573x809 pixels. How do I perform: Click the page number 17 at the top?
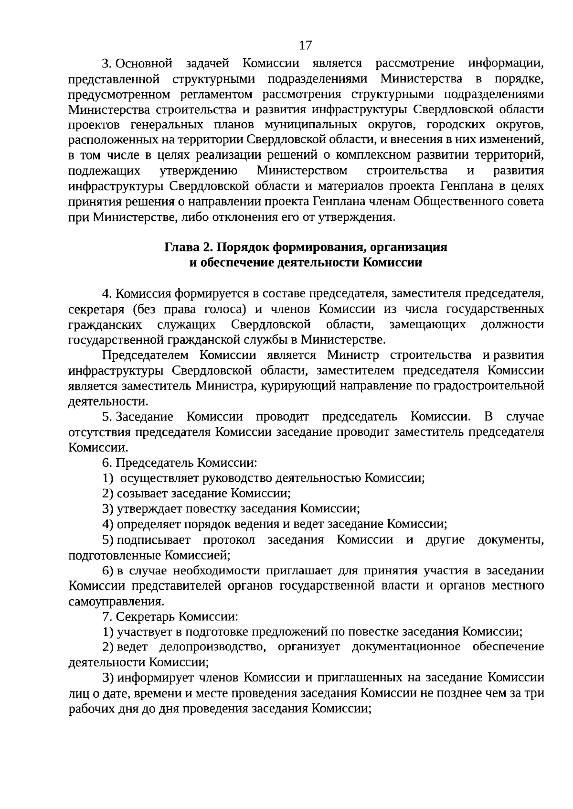(x=305, y=45)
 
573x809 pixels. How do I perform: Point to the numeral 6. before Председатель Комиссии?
(x=107, y=463)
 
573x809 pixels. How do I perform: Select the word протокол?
(x=229, y=540)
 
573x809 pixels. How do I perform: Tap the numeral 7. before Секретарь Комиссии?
(x=107, y=616)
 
